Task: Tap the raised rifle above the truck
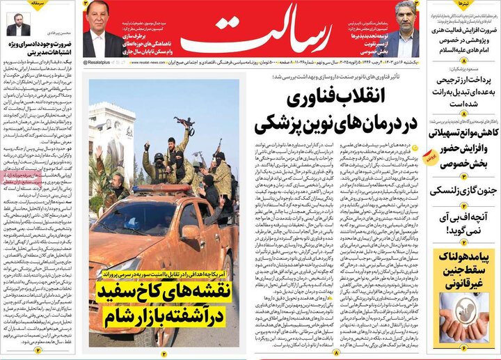(x=184, y=126)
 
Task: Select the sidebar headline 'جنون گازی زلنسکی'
(x=464, y=190)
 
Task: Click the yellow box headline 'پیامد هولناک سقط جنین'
(x=464, y=268)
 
